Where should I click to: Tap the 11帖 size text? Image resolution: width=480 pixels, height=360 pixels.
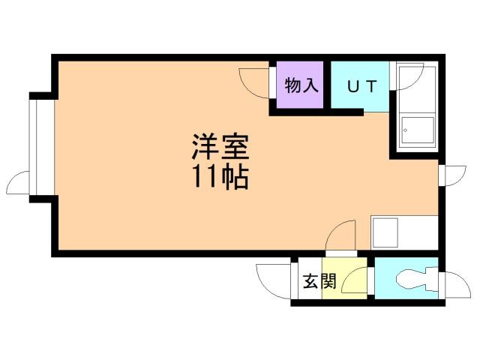pyautogui.click(x=220, y=178)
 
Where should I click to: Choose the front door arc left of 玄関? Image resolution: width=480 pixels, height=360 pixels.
pyautogui.click(x=271, y=281)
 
